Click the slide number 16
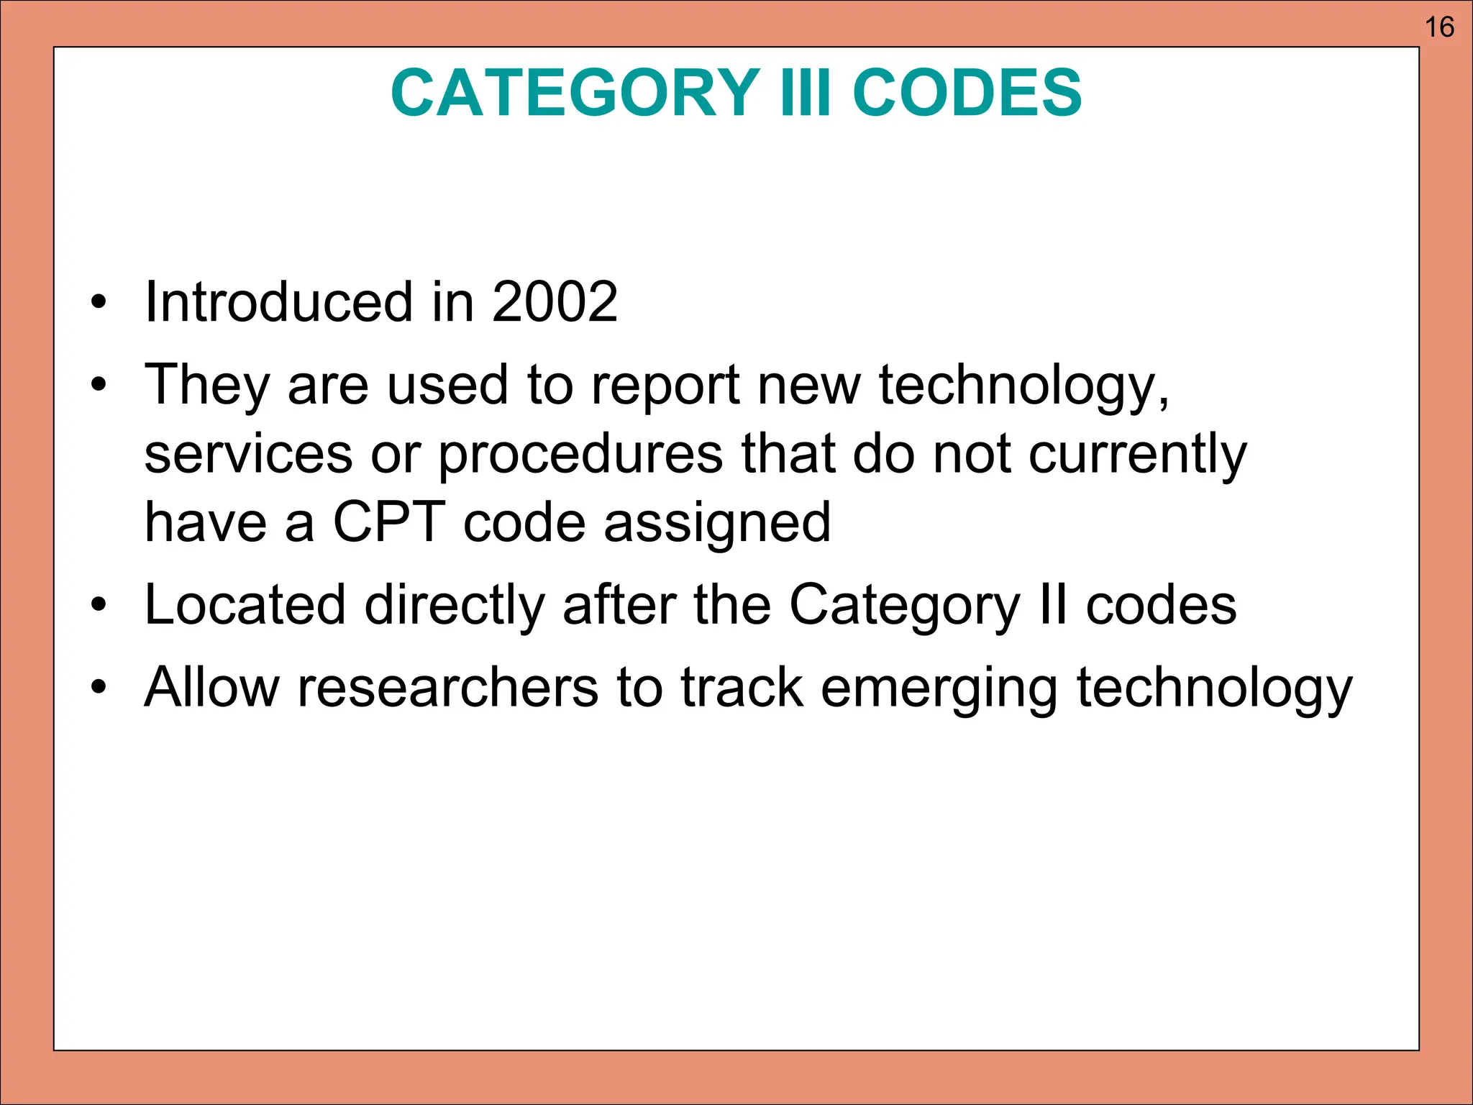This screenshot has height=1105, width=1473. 1439,27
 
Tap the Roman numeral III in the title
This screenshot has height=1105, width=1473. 805,93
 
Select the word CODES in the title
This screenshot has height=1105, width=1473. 967,93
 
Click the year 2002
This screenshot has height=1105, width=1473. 555,301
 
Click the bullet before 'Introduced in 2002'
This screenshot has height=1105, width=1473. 99,303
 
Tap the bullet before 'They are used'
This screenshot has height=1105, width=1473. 99,386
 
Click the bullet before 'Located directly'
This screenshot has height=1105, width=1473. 99,606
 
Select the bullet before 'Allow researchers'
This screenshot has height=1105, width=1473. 99,688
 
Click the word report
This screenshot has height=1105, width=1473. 665,387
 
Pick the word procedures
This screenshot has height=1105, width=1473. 580,455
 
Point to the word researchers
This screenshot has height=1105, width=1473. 447,688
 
